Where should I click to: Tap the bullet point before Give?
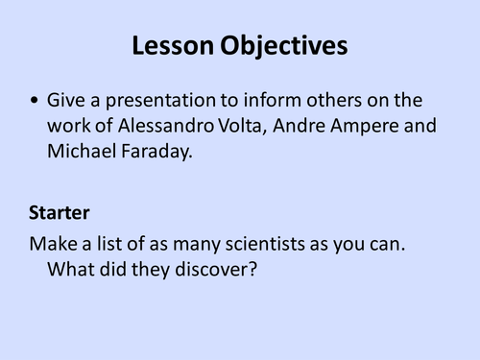point(36,100)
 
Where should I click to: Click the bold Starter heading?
point(60,218)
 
